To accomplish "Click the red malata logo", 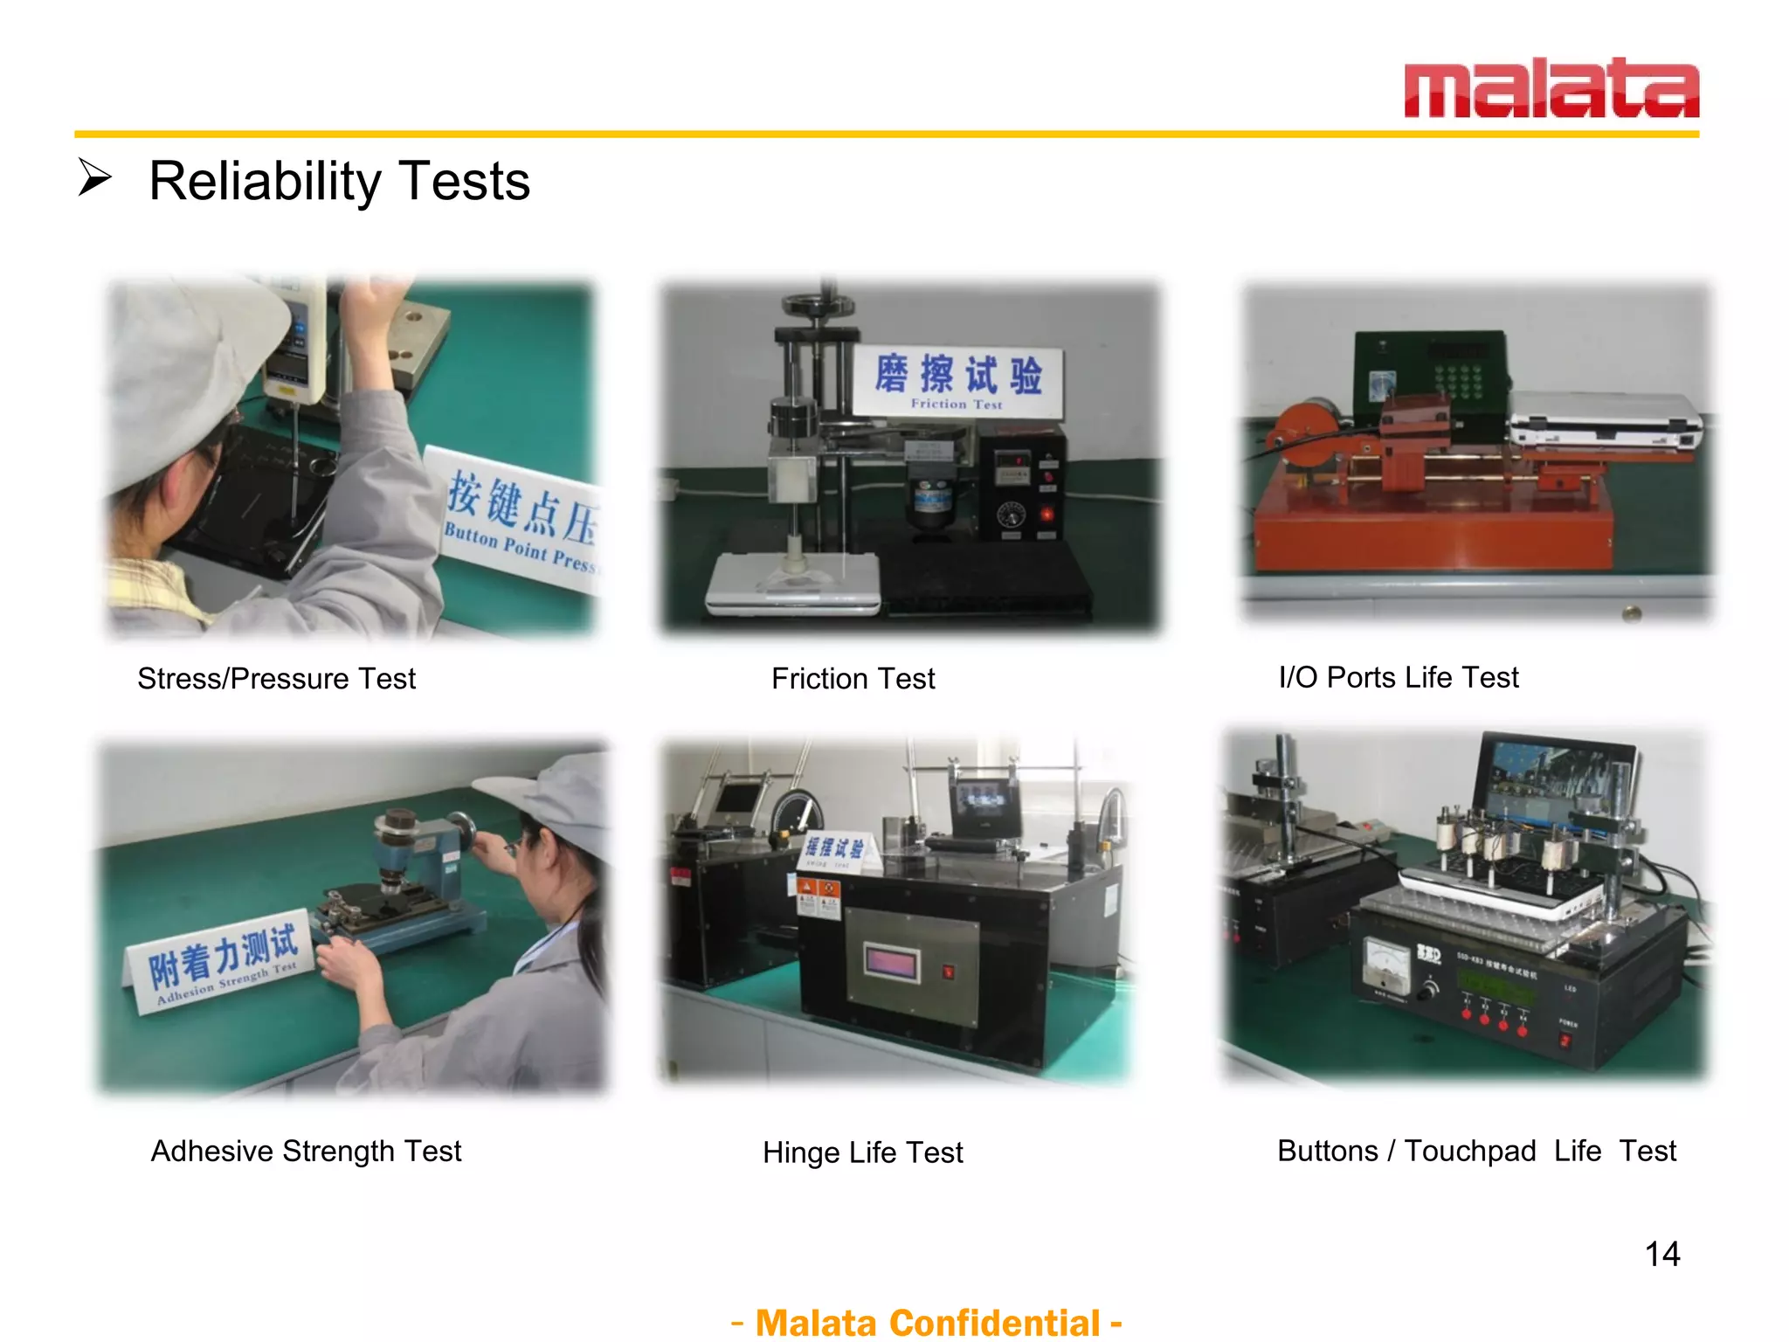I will click(1551, 89).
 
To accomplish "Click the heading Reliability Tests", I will click(339, 182).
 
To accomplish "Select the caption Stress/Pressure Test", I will click(276, 679).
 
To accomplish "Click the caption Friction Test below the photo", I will click(853, 679).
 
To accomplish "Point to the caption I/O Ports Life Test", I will click(1398, 677).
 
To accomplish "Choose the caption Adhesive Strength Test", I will click(306, 1152).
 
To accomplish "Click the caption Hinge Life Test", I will click(862, 1153).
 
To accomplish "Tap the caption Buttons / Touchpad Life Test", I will click(1476, 1152).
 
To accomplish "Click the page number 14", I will click(1661, 1255).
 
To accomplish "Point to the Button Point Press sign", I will click(520, 520).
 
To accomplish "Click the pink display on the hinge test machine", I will click(891, 964).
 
